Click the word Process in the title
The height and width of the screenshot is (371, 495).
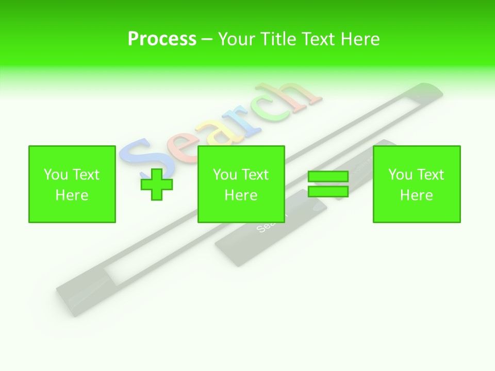tap(162, 39)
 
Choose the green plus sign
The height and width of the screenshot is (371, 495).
tap(157, 184)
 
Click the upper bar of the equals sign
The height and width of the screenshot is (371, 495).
tap(328, 176)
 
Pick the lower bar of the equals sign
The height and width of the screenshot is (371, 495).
tap(328, 192)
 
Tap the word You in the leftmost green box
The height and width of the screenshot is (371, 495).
tap(56, 175)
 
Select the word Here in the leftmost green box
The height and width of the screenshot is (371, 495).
tap(72, 195)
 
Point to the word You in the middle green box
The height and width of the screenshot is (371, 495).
tap(225, 175)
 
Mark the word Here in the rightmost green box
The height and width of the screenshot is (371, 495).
tap(416, 195)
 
